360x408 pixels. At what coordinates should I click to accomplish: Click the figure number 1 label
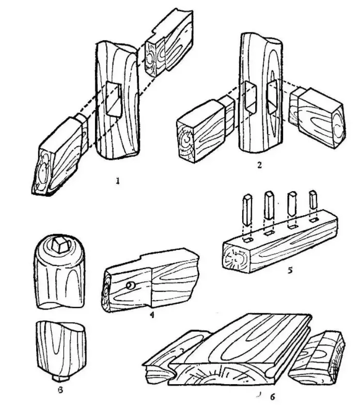[118, 181]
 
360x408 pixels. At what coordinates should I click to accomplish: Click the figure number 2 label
[259, 165]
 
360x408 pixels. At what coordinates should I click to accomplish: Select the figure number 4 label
[152, 315]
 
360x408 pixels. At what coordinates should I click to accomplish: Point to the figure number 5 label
[290, 270]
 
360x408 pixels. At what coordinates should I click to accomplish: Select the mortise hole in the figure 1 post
[114, 99]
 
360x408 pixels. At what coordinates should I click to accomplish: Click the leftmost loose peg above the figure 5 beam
[247, 211]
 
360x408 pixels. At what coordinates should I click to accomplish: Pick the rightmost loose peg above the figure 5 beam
[313, 199]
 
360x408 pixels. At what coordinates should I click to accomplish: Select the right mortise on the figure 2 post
[272, 97]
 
